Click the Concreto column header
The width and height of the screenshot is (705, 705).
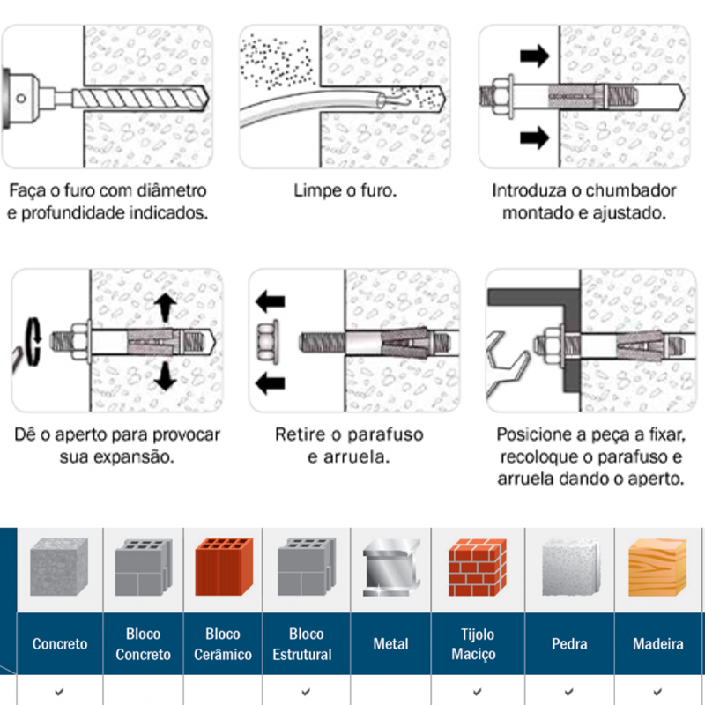point(60,644)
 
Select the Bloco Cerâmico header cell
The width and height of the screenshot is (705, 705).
point(223,644)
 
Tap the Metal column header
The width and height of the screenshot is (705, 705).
point(390,644)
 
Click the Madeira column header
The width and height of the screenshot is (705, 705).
point(658,644)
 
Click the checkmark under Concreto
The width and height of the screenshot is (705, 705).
point(59,692)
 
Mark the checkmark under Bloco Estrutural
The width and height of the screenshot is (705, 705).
point(305,692)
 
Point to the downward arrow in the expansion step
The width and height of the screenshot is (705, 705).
point(165,376)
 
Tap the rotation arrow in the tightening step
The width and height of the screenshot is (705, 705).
point(33,341)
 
